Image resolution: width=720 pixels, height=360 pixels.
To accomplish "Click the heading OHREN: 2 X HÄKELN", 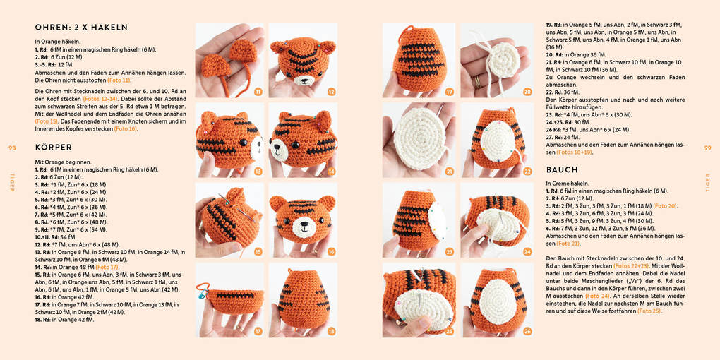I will (x=81, y=28).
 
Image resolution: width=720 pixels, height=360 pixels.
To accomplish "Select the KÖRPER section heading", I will (x=54, y=148).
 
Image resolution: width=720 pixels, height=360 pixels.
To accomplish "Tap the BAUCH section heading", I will (x=562, y=170).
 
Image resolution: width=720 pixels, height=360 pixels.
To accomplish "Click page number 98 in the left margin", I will (x=11, y=148).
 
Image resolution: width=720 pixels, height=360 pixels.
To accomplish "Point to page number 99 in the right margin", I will (x=707, y=148).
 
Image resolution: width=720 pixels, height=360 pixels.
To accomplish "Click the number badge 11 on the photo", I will (x=258, y=92).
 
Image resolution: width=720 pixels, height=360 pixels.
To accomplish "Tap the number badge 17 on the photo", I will (x=258, y=331).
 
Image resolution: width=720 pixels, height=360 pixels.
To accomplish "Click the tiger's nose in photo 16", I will (x=305, y=227).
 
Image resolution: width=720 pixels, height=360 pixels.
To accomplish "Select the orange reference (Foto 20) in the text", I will (x=665, y=205).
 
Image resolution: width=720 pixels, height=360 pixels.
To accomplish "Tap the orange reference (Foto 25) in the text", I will (x=649, y=311).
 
